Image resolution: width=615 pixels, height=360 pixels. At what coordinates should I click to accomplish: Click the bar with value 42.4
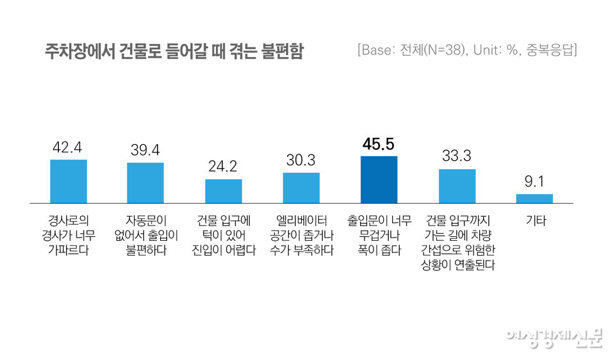tap(69, 181)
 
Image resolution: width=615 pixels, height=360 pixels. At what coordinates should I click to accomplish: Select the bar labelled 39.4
tap(145, 183)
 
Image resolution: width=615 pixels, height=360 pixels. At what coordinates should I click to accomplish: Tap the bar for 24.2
tap(224, 192)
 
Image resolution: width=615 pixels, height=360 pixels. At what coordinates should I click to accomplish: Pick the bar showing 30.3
tap(301, 188)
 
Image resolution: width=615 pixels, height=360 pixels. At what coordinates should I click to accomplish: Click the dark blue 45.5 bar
tap(379, 179)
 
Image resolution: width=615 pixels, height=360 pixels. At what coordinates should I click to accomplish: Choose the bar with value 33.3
tap(457, 186)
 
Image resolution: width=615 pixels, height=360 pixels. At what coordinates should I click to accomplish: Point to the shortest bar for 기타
tap(534, 199)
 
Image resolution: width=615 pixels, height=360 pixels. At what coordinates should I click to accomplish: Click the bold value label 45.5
tap(379, 144)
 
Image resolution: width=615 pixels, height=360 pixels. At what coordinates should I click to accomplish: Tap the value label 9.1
tap(534, 182)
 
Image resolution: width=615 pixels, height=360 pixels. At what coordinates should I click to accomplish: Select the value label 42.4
tap(68, 147)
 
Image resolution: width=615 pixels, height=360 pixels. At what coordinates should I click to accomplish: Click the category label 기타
tap(534, 221)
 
